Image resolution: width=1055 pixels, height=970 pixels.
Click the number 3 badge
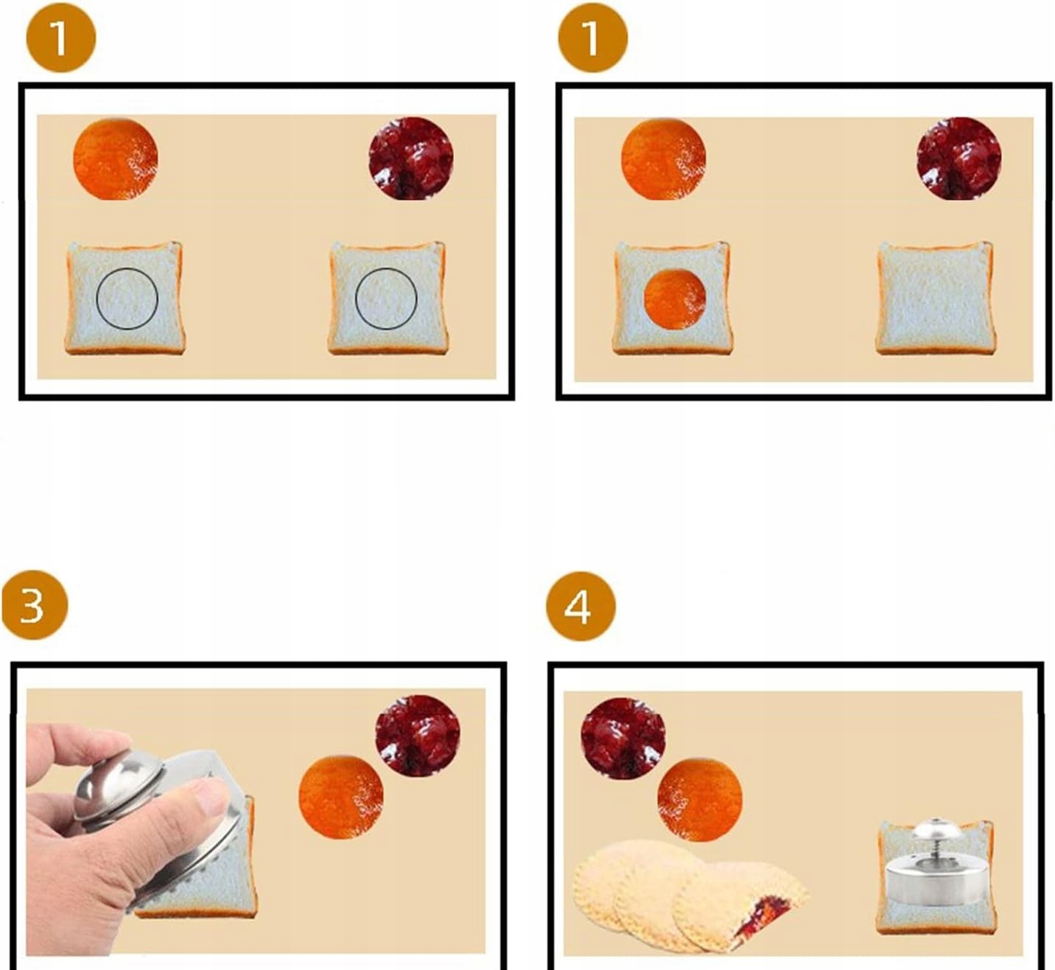click(x=35, y=605)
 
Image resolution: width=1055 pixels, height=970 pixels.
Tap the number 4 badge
click(x=580, y=607)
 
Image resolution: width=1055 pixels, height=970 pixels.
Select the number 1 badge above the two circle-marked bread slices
click(x=61, y=38)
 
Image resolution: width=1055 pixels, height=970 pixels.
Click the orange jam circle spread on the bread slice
click(x=675, y=299)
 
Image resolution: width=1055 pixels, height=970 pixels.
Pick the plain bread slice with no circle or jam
click(x=935, y=298)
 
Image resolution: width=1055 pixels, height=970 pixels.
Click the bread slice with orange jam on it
click(x=673, y=298)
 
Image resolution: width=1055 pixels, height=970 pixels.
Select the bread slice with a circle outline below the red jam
click(x=388, y=298)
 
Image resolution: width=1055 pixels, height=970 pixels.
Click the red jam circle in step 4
click(x=623, y=739)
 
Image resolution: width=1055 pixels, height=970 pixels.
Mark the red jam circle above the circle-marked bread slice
click(x=411, y=158)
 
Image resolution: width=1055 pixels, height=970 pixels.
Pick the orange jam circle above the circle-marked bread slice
click(x=115, y=159)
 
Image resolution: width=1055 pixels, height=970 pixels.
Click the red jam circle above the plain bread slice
click(x=958, y=158)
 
